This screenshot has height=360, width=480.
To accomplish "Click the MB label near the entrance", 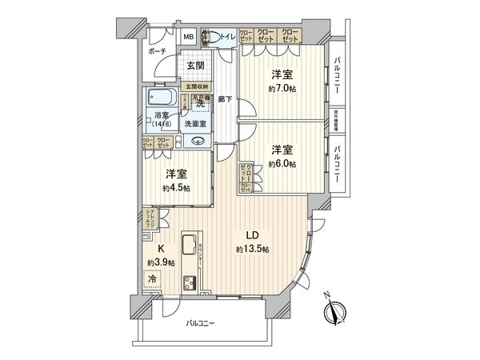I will coord(189,37).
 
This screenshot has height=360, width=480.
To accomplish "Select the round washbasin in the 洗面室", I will coord(197,142).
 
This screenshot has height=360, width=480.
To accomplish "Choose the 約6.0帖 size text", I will coord(282,163).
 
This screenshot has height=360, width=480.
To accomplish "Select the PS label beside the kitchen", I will coord(146,236).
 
